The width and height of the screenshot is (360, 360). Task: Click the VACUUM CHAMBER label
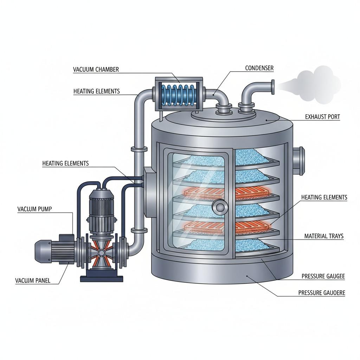[96, 70]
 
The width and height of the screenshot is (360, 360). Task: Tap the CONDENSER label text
[259, 68]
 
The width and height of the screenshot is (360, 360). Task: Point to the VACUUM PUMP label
[34, 209]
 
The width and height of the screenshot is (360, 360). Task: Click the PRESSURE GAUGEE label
[323, 277]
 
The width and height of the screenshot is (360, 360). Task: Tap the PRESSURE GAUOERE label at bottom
[321, 292]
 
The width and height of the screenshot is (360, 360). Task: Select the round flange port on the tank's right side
[298, 160]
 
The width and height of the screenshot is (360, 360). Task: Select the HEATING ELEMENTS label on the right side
[324, 198]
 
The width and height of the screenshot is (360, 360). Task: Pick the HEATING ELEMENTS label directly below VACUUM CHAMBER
[96, 91]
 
